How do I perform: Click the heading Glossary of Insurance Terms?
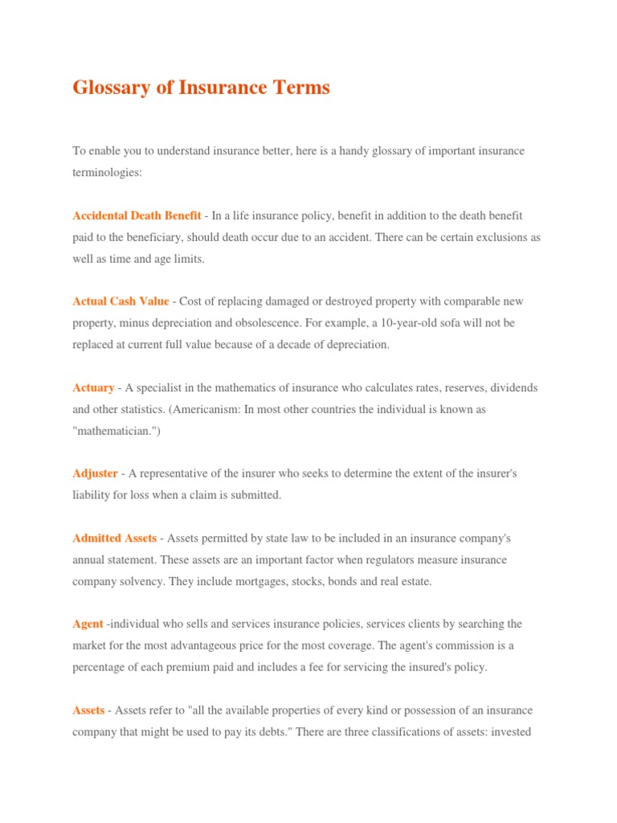tap(201, 88)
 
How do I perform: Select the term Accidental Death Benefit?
tap(137, 215)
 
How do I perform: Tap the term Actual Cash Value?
tap(121, 301)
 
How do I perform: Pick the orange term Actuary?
tap(93, 387)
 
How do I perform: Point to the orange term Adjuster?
tap(95, 473)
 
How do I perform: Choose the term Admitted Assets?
tap(114, 538)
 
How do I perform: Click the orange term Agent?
tap(88, 624)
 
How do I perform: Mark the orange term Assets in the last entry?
tap(88, 710)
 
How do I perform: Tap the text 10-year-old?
tap(382, 323)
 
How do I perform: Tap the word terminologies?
tap(105, 173)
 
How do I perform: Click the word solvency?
tap(141, 581)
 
